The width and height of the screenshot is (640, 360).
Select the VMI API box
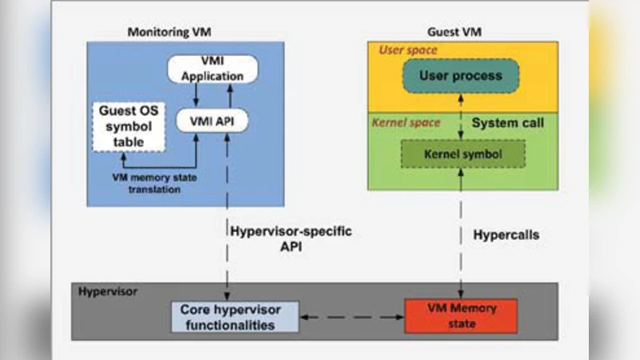[x=212, y=120]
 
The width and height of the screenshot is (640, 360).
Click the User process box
[x=460, y=77]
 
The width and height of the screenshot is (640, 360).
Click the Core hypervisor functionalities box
[x=234, y=317]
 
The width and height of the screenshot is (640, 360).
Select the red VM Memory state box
[x=462, y=316]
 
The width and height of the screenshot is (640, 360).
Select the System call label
[x=507, y=124]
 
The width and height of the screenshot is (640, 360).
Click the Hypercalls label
[x=506, y=237]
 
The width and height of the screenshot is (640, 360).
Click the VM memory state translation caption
[x=157, y=182]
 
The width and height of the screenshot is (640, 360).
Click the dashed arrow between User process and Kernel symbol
[x=461, y=117]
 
